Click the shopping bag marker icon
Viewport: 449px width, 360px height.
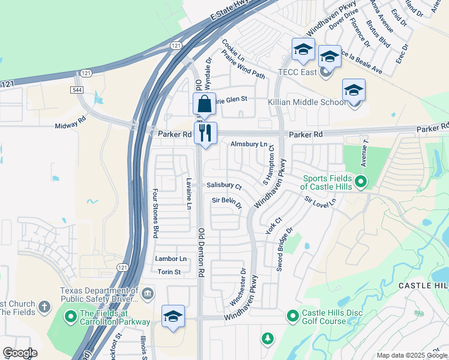[x=205, y=104]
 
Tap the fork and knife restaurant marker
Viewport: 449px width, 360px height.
[x=205, y=133]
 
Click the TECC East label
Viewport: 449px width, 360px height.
[x=297, y=72]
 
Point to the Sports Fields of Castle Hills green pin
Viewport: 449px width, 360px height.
[x=361, y=181]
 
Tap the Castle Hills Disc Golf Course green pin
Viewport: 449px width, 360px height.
[x=293, y=315]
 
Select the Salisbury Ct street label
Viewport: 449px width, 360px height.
[x=224, y=187]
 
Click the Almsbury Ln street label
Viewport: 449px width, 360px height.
[x=249, y=144]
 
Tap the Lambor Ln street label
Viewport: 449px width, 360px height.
[x=170, y=259]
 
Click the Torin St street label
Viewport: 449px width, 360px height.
[x=169, y=272]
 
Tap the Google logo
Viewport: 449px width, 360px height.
[x=20, y=353]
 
